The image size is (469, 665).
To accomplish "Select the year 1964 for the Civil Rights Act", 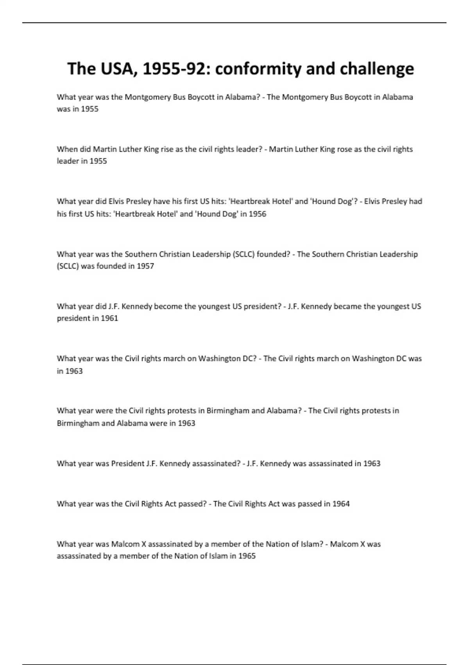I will pyautogui.click(x=341, y=504).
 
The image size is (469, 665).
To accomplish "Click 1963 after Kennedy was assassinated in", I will pyautogui.click(x=372, y=464).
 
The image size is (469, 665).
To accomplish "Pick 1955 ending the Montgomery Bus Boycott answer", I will pyautogui.click(x=90, y=109).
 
